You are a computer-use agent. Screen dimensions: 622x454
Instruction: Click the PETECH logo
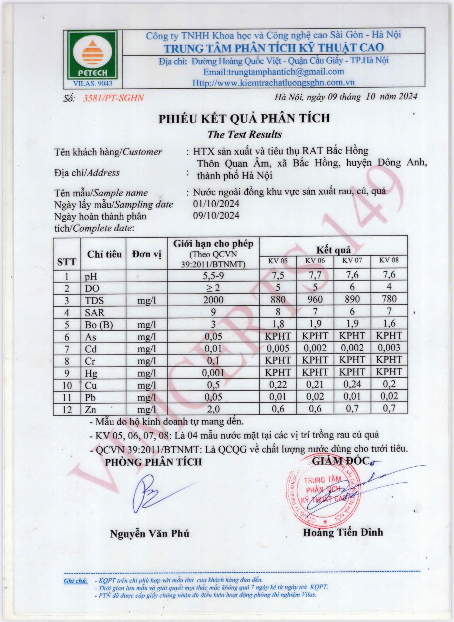coord(93,55)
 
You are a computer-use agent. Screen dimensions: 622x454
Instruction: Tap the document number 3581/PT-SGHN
coord(113,98)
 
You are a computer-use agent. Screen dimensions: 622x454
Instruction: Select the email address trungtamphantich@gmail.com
coord(274,72)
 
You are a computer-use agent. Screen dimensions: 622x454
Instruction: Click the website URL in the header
coord(273,83)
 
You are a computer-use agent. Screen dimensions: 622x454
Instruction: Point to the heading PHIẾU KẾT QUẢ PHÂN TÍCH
coord(244,119)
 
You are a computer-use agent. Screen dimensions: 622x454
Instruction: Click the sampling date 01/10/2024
coord(216,203)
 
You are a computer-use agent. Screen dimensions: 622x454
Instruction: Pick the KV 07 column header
coord(352,260)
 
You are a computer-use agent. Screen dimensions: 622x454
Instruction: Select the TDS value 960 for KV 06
coord(315,300)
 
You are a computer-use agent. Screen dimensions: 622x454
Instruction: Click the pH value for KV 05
coord(278,275)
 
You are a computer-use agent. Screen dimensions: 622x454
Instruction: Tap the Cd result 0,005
coord(278,348)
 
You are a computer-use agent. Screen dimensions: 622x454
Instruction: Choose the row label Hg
coord(91,373)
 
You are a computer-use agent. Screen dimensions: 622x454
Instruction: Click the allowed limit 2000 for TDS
coord(213,300)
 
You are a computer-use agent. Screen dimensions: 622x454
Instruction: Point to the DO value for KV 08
coord(389,287)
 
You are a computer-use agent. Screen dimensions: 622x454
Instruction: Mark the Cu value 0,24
coord(352,384)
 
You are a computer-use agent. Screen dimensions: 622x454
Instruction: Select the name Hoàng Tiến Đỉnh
coord(342,532)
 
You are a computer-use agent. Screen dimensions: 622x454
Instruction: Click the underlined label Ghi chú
coord(75,581)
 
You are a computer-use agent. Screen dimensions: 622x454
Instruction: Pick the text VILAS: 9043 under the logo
coord(93,83)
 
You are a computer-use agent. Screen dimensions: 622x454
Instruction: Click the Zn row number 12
coord(67,410)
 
